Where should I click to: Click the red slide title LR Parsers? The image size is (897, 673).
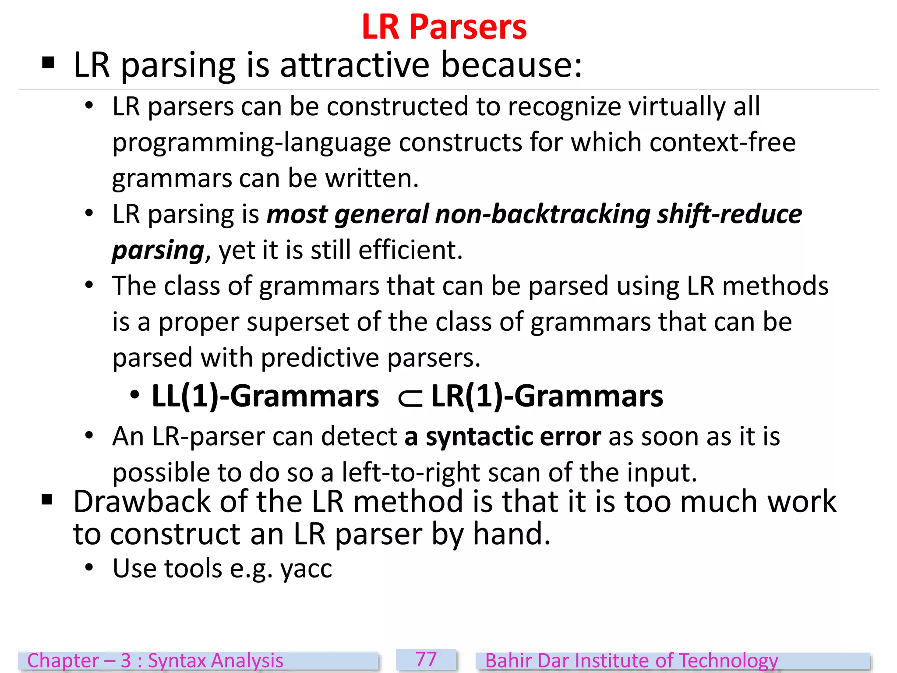pyautogui.click(x=444, y=27)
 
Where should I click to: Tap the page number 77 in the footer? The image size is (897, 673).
pyautogui.click(x=426, y=659)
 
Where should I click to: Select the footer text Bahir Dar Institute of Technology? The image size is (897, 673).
pyautogui.click(x=632, y=661)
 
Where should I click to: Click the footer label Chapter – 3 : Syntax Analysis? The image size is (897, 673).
pyautogui.click(x=155, y=661)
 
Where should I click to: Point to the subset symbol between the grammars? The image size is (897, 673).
pyautogui.click(x=410, y=398)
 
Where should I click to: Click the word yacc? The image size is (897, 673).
pyautogui.click(x=306, y=569)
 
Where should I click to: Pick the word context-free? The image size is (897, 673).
pyautogui.click(x=722, y=143)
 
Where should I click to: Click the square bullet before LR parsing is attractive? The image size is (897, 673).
pyautogui.click(x=48, y=63)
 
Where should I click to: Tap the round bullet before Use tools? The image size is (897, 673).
pyautogui.click(x=89, y=568)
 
